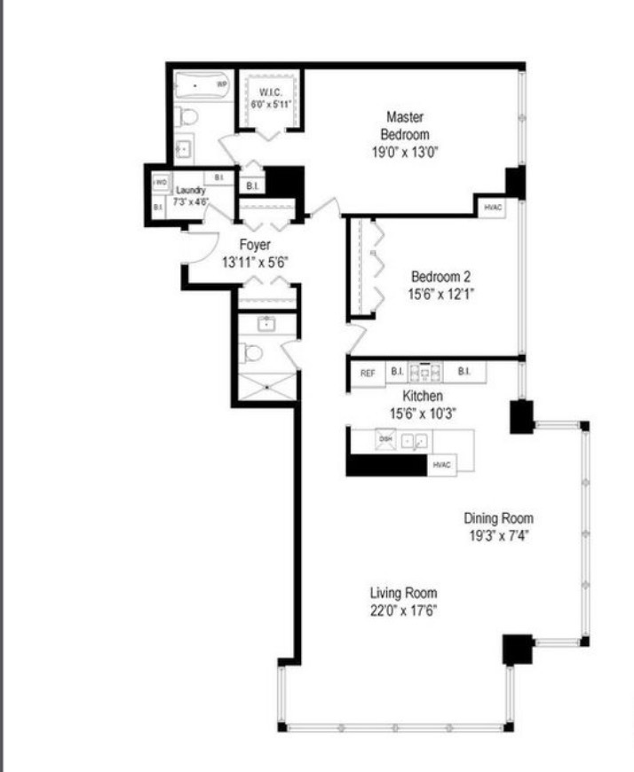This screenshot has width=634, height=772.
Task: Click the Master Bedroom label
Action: pyautogui.click(x=404, y=125)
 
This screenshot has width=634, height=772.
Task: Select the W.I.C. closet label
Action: pyautogui.click(x=271, y=93)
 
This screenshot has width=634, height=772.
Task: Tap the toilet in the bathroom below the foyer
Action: pyautogui.click(x=254, y=353)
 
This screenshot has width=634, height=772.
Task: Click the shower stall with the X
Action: pyautogui.click(x=265, y=384)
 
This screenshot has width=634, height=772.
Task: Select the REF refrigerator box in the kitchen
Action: pyautogui.click(x=367, y=373)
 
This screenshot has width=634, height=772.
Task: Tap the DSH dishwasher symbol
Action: pyautogui.click(x=386, y=440)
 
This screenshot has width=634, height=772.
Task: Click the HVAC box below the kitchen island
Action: pyautogui.click(x=442, y=465)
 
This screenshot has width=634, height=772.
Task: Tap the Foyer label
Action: pyautogui.click(x=255, y=245)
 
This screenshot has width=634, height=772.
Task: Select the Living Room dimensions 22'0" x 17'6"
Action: pyautogui.click(x=403, y=611)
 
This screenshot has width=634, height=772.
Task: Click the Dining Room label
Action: pyautogui.click(x=498, y=518)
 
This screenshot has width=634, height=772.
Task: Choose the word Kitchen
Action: pyautogui.click(x=423, y=395)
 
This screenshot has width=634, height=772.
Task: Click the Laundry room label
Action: pyautogui.click(x=191, y=190)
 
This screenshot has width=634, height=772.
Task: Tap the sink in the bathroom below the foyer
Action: pyautogui.click(x=265, y=324)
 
